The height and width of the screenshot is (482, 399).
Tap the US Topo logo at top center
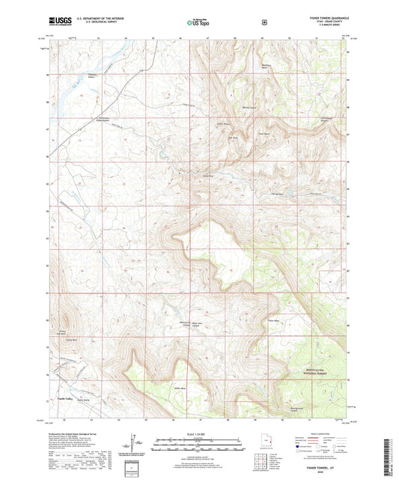click(x=198, y=23)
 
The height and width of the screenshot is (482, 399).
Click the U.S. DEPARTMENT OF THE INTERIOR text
click(x=94, y=18)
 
